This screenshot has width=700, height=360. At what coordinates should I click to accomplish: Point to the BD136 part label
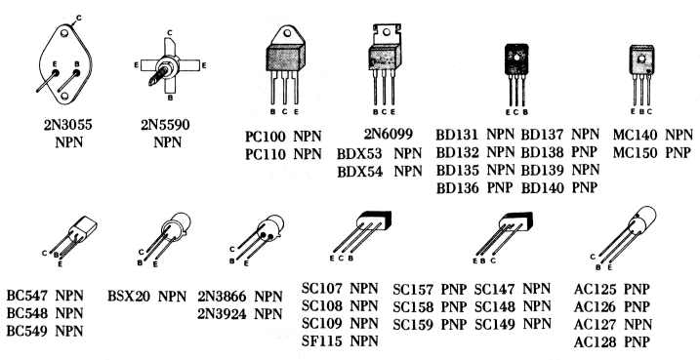461,186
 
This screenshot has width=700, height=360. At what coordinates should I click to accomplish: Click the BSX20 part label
132,295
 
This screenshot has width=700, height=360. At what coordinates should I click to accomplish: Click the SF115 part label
325,340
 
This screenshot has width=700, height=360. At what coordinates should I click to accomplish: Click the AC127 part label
598,324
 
